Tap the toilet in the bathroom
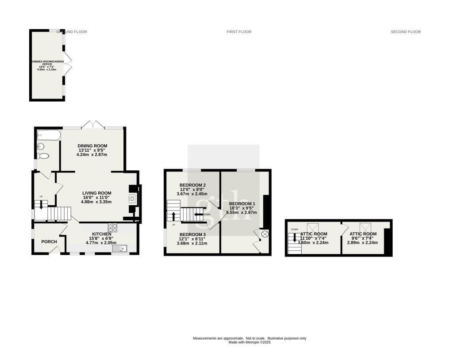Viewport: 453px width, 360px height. [43, 156]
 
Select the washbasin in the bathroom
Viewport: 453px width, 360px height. [41, 146]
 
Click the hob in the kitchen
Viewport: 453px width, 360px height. [112, 228]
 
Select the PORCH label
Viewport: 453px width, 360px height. [49, 241]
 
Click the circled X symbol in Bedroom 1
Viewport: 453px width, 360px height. [265, 234]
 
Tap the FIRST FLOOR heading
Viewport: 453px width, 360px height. [239, 32]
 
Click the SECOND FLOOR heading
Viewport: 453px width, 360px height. [406, 32]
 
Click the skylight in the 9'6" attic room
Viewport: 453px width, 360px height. [365, 226]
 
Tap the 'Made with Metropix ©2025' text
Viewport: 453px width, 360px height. [249, 342]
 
